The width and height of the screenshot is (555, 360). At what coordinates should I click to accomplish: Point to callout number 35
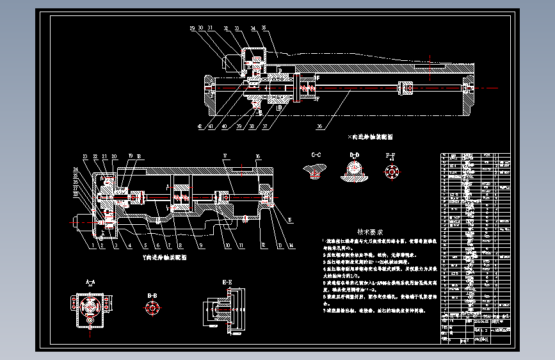click(x=263, y=28)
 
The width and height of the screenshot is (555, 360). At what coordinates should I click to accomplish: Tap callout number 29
click(x=191, y=28)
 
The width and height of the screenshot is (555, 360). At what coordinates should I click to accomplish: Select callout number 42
click(x=200, y=127)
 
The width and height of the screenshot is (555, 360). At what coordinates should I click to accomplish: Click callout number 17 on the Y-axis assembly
click(x=225, y=156)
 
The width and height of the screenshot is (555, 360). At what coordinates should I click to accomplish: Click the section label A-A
click(x=90, y=281)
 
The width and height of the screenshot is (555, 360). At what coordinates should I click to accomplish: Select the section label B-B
click(x=152, y=295)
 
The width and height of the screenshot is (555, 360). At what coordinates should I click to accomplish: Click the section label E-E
click(x=227, y=282)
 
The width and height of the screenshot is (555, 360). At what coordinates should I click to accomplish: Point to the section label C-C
click(x=316, y=155)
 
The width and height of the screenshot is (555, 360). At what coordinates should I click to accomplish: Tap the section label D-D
click(x=354, y=155)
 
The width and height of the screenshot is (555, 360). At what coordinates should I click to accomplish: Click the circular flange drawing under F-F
click(x=390, y=172)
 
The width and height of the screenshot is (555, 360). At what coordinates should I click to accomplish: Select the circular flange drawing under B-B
click(x=152, y=308)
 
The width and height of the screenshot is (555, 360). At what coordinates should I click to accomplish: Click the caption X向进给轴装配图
click(x=369, y=136)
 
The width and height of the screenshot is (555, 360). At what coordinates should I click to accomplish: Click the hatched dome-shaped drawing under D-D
click(x=354, y=170)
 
